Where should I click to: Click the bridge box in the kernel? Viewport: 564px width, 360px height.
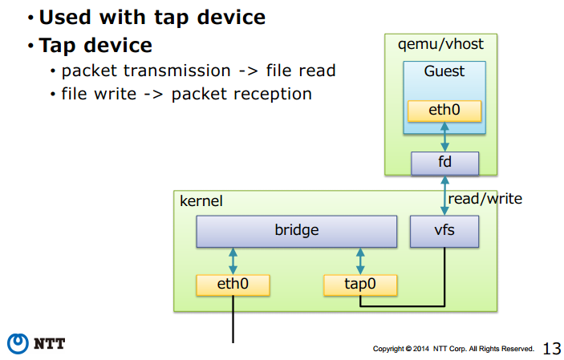click(297, 231)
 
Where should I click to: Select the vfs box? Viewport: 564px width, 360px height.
click(444, 231)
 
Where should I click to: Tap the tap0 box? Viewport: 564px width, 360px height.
click(360, 285)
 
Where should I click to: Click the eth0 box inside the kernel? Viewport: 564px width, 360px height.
click(233, 285)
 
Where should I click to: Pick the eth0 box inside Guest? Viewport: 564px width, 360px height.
click(444, 111)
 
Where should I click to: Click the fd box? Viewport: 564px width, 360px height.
click(445, 164)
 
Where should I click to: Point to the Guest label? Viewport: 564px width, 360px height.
click(444, 71)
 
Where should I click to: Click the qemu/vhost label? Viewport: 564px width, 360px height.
click(440, 45)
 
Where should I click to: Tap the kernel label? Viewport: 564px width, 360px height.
click(201, 201)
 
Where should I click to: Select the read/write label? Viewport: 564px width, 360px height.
click(485, 199)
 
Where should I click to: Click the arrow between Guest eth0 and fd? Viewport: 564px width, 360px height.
click(445, 136)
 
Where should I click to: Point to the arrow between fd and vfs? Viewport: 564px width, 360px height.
click(445, 196)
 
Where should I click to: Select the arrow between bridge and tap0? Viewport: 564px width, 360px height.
click(360, 261)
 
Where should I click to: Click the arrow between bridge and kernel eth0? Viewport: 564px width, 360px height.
click(233, 261)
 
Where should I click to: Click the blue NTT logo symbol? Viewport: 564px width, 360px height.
click(18, 343)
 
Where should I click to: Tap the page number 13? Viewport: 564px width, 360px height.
click(552, 349)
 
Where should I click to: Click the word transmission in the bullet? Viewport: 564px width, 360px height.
click(177, 71)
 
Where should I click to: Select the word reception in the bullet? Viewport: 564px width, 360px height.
click(272, 95)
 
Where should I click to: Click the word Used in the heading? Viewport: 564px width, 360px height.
click(65, 18)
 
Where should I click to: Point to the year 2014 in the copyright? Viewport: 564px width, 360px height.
click(421, 349)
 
